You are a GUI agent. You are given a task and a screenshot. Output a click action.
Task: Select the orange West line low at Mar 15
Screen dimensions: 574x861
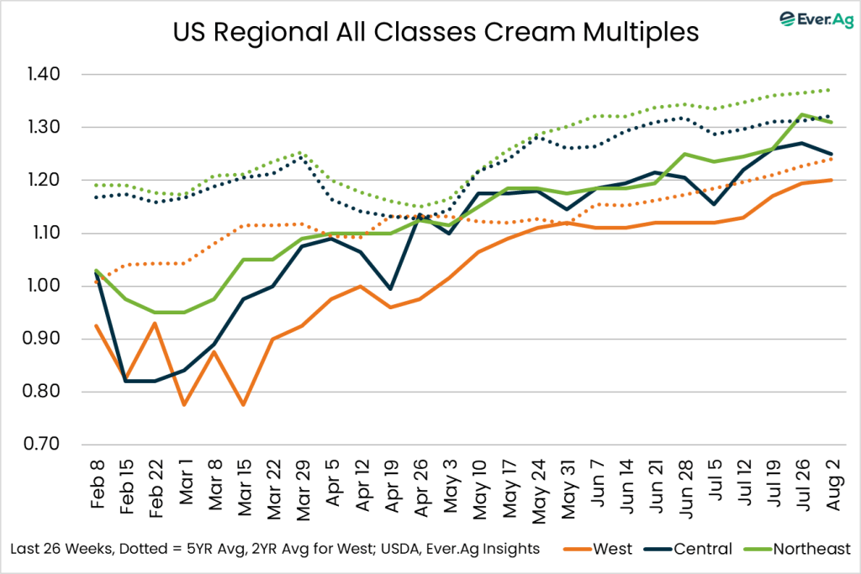pos(244,405)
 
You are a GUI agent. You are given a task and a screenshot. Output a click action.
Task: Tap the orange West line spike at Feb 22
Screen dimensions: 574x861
pos(156,323)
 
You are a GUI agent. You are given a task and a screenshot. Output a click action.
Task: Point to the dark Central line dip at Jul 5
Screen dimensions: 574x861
pos(714,204)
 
